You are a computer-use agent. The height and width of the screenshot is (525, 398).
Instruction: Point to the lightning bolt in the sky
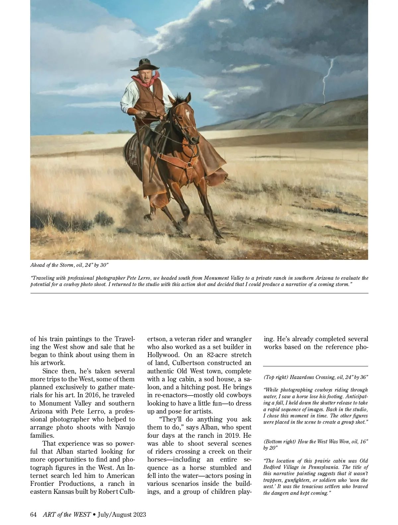click(327, 81)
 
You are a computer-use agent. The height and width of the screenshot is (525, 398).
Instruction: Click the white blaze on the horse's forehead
click(188, 114)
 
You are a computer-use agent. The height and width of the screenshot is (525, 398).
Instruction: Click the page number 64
click(33, 514)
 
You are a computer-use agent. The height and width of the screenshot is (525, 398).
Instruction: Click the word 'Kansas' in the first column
click(63, 491)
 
